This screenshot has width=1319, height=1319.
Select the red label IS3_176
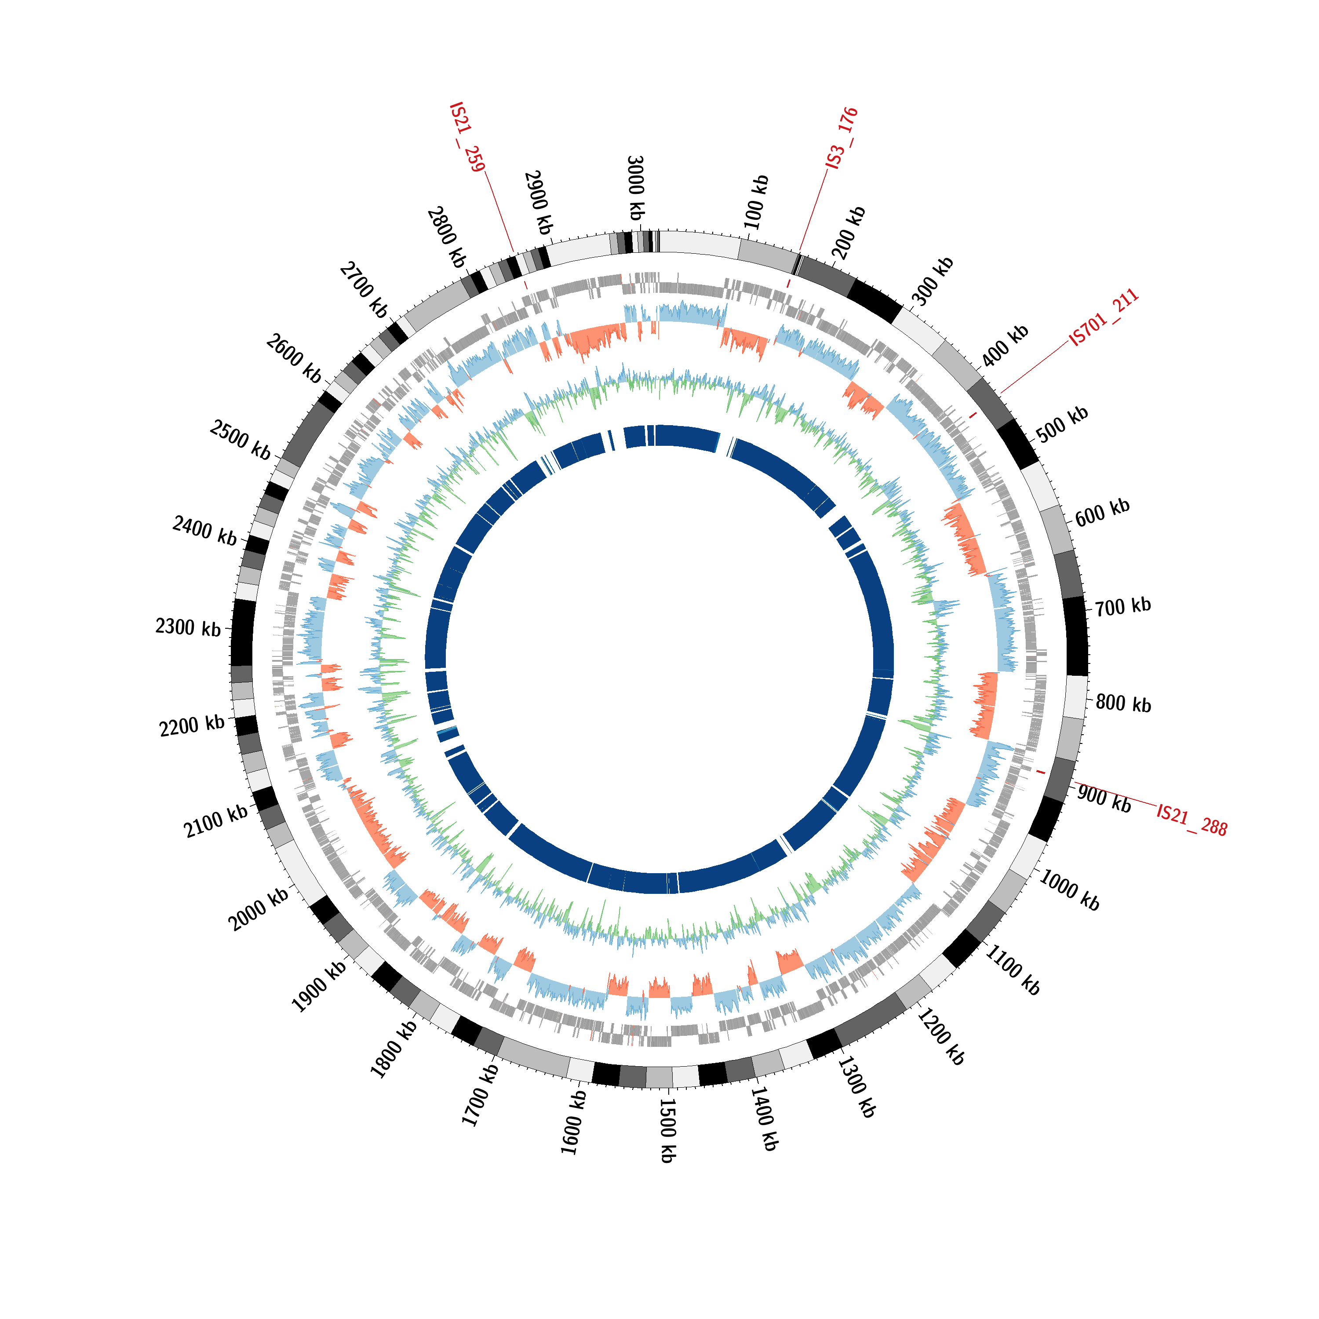coord(842,138)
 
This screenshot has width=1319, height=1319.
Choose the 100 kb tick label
coord(756,202)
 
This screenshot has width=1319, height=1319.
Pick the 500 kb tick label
coord(1062,424)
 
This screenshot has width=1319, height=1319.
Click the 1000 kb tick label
coord(1069,890)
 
